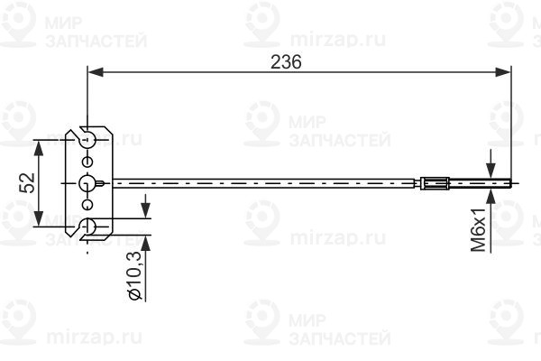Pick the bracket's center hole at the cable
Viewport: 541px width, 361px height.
pyautogui.click(x=87, y=183)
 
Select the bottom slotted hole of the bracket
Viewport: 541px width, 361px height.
pyautogui.click(x=87, y=227)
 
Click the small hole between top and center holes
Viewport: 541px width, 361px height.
pyautogui.click(x=87, y=161)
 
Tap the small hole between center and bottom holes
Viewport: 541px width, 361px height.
pyautogui.click(x=87, y=205)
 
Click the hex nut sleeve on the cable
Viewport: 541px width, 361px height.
pyautogui.click(x=435, y=183)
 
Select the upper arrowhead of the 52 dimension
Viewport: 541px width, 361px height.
pyautogui.click(x=40, y=146)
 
